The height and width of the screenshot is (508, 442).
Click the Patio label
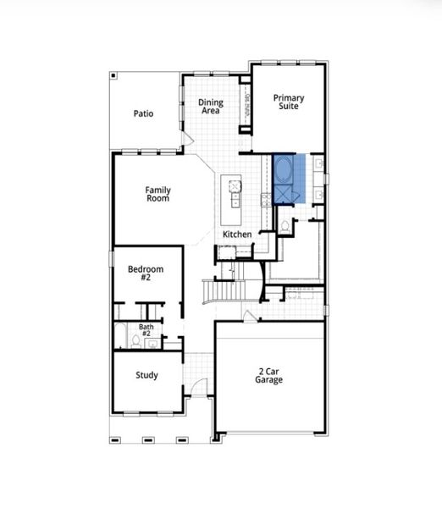pos(143,113)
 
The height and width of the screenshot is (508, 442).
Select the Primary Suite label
pos(288,102)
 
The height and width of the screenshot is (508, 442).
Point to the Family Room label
pos(157,194)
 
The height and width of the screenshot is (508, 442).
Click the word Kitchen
pos(237,234)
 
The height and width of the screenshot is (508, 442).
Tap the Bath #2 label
pos(146,329)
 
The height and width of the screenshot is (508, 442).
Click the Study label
pos(146,375)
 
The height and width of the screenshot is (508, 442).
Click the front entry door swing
pos(198,386)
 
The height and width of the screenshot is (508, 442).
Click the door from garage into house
pos(247,316)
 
